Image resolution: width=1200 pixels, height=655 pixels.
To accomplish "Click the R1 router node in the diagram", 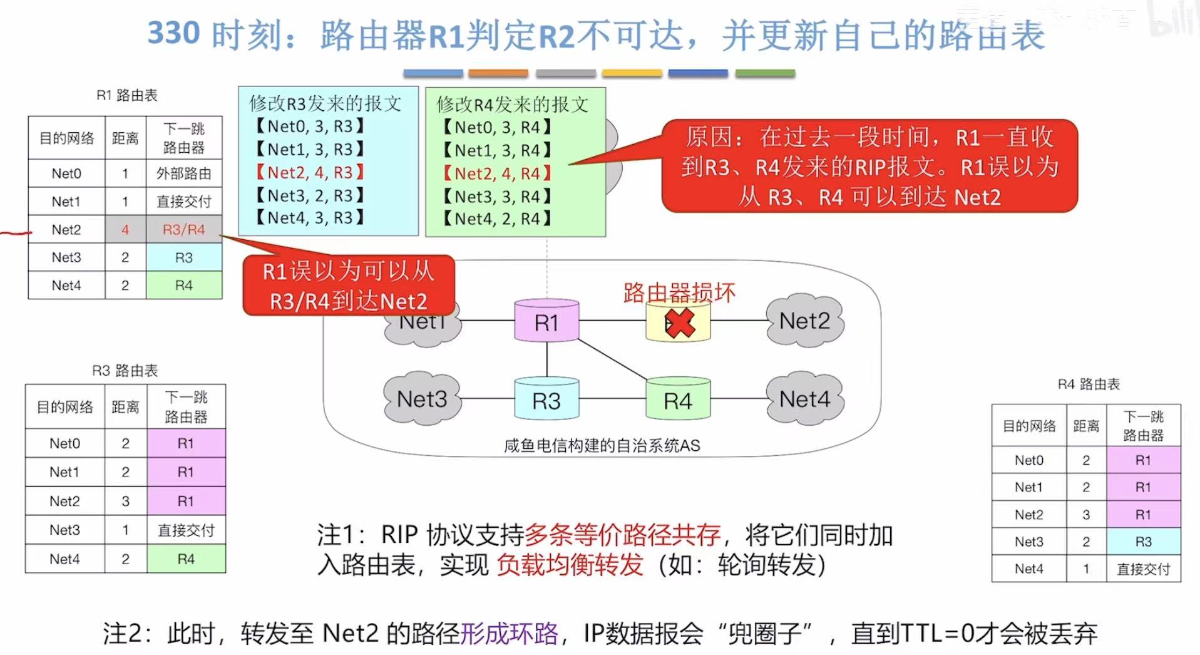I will (x=546, y=322).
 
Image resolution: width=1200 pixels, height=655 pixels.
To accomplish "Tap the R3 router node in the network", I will (x=546, y=400).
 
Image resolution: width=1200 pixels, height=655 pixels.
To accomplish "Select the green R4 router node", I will (x=678, y=400).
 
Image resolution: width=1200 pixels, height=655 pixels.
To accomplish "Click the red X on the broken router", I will (x=680, y=324).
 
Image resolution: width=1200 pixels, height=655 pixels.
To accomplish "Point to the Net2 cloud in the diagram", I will (x=804, y=321).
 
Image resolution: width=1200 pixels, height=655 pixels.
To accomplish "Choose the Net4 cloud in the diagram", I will (x=804, y=399).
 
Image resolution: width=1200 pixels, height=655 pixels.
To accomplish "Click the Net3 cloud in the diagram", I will (x=422, y=399).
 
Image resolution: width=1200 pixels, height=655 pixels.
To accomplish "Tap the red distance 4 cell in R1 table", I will (x=125, y=230).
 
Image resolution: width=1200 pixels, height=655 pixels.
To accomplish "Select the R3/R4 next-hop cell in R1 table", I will (x=184, y=230).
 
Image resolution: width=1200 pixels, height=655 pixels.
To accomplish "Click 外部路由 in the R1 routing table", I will (x=184, y=173).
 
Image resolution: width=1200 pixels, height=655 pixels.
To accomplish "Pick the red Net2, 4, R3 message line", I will (x=310, y=172).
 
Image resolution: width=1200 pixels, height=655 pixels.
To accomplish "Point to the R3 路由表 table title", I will (x=125, y=371).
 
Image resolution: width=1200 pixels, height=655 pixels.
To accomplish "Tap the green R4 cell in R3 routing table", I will (x=186, y=559).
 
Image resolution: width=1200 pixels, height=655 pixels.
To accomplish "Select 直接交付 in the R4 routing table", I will (x=1143, y=569).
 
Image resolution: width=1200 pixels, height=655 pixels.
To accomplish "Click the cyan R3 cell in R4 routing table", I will (x=1143, y=542).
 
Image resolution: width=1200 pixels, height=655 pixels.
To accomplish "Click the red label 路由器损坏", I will (x=679, y=293).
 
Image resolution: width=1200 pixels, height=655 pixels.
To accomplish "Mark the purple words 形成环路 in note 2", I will (x=509, y=634).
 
